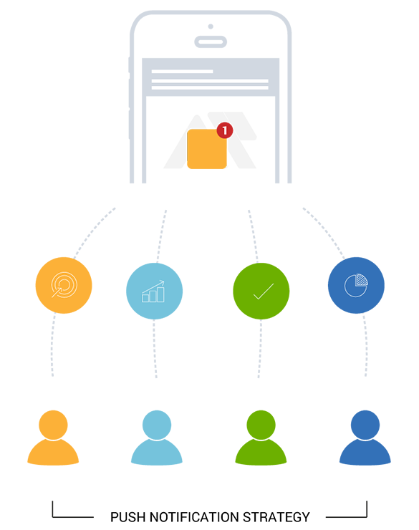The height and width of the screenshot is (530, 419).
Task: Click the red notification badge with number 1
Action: click(x=225, y=130)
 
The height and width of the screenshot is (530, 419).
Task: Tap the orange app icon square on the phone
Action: click(x=207, y=149)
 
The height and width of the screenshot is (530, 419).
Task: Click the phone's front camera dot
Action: click(x=211, y=26)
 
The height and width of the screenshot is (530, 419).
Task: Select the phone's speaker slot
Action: click(x=211, y=42)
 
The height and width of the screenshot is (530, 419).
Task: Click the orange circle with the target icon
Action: click(x=64, y=285)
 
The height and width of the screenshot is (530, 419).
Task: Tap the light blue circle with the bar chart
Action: click(x=154, y=291)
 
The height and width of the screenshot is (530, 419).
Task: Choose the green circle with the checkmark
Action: click(x=261, y=291)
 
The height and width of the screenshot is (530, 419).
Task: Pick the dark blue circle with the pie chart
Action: click(x=356, y=285)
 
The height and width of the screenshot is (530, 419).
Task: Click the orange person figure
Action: click(x=53, y=438)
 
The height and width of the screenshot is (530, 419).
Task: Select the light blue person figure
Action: click(x=157, y=438)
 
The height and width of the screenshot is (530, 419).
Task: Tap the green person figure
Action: click(x=261, y=438)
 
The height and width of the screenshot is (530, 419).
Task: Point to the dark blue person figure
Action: click(x=365, y=438)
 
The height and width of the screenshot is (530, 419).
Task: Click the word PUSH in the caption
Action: click(x=128, y=517)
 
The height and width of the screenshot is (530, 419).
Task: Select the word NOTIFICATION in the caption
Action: click(x=194, y=517)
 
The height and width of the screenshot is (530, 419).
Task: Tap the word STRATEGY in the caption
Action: click(x=276, y=517)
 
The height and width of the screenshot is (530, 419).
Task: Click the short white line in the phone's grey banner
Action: click(x=182, y=72)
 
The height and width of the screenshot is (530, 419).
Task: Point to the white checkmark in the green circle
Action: click(x=264, y=291)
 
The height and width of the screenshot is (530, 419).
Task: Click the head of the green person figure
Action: click(x=261, y=425)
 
